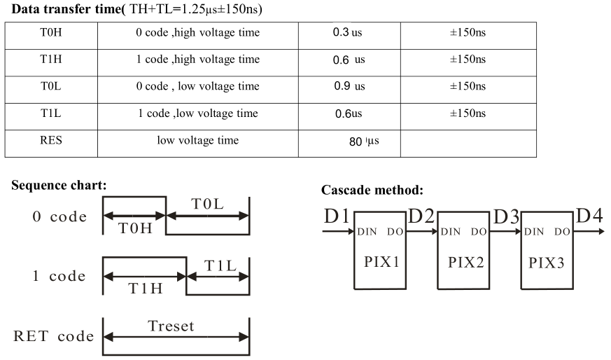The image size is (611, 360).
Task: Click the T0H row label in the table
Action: [51, 33]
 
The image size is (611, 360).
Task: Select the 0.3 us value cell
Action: [349, 33]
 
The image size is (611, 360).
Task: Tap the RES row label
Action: [51, 141]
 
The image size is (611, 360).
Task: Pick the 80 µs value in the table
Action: [362, 142]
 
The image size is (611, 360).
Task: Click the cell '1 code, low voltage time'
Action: [197, 113]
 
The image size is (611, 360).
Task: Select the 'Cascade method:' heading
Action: [371, 190]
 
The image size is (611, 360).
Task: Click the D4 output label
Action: [589, 217]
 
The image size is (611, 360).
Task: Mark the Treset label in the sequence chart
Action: [171, 326]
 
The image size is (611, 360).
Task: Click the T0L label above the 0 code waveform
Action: [209, 203]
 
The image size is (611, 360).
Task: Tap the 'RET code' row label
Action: [53, 336]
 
